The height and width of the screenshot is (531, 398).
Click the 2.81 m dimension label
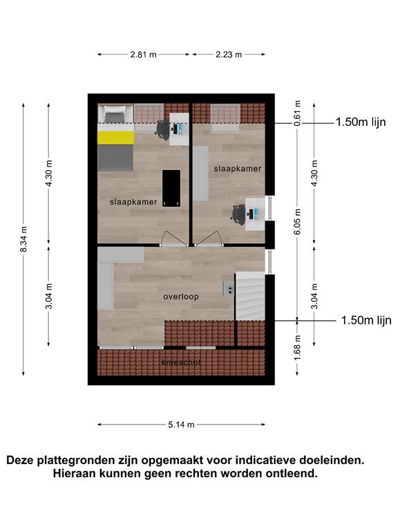pyautogui.click(x=144, y=54)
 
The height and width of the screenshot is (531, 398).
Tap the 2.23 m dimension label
pyautogui.click(x=229, y=54)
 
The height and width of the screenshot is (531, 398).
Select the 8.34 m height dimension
pyautogui.click(x=23, y=239)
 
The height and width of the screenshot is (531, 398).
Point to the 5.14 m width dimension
pyautogui.click(x=182, y=425)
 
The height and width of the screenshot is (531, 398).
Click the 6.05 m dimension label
pyautogui.click(x=297, y=222)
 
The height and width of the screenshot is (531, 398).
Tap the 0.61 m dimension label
pyautogui.click(x=297, y=113)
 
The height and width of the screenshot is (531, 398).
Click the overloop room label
pyautogui.click(x=181, y=297)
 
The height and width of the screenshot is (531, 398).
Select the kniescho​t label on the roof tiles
pyautogui.click(x=182, y=362)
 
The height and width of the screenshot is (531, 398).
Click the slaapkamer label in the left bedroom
pyautogui.click(x=133, y=202)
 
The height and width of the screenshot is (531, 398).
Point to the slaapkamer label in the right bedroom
pyautogui.click(x=238, y=169)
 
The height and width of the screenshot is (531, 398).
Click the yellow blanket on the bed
pyautogui.click(x=116, y=138)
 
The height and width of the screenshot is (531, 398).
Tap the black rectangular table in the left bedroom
pyautogui.click(x=171, y=188)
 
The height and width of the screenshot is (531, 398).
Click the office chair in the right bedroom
pyautogui.click(x=239, y=215)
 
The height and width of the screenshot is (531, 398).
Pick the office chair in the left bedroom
pyautogui.click(x=163, y=130)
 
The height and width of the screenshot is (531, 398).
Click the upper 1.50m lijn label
pyautogui.click(x=361, y=122)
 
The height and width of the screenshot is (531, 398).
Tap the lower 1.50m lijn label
pyautogui.click(x=366, y=320)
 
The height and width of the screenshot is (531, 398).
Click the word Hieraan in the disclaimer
pyautogui.click(x=73, y=473)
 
